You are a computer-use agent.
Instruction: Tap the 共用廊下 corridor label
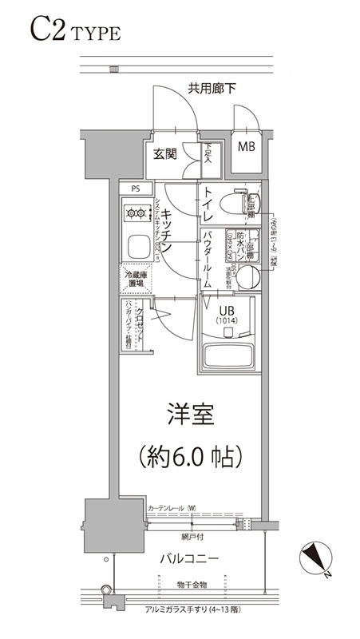[212, 88]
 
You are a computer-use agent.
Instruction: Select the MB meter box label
[246, 148]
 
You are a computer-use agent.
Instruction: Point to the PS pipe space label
[134, 189]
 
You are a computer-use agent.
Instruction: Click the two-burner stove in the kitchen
[136, 213]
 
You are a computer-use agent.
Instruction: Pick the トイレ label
[207, 204]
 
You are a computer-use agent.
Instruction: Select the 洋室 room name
[189, 415]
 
